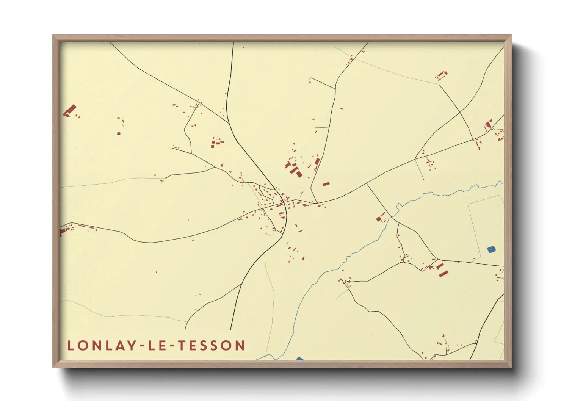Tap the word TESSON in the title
tap(212, 346)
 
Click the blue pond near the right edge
tap(491, 249)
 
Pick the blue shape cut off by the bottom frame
tap(300, 359)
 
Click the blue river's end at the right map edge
tap(503, 182)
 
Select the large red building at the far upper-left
tap(70, 110)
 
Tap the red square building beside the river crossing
tap(379, 219)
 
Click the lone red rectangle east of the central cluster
tap(326, 184)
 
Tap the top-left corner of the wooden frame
tap(53, 35)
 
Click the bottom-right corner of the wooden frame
tap(511, 367)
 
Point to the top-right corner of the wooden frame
tap(511, 35)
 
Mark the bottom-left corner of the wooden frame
tap(53, 367)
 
